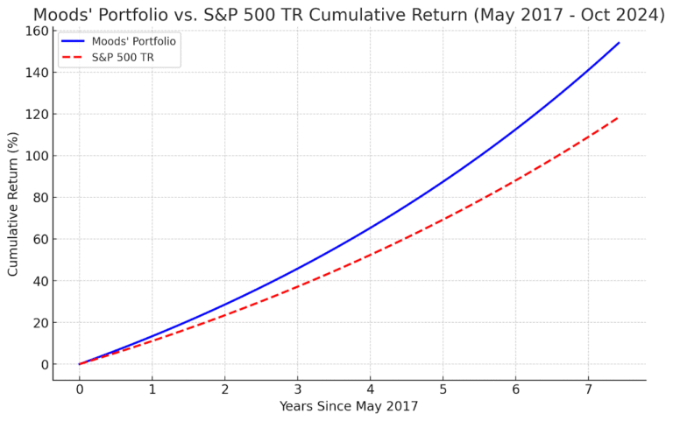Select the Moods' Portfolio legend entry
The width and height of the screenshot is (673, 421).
point(119,41)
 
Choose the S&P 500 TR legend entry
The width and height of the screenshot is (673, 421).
point(108,58)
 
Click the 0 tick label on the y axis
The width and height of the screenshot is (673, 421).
point(44,364)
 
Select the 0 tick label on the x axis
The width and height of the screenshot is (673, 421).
point(80,389)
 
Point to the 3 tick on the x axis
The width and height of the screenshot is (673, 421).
point(297,389)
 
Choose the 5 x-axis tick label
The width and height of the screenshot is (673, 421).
point(443,389)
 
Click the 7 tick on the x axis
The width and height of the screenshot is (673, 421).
point(588,389)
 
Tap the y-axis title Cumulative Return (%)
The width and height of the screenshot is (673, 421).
point(12,204)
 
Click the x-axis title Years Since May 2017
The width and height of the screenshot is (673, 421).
point(349,406)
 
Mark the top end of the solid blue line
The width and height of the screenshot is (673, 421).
point(619,43)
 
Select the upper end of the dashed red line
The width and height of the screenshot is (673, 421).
point(619,116)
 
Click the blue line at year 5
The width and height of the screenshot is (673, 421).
point(443,182)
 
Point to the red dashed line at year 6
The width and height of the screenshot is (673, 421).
point(515,180)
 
